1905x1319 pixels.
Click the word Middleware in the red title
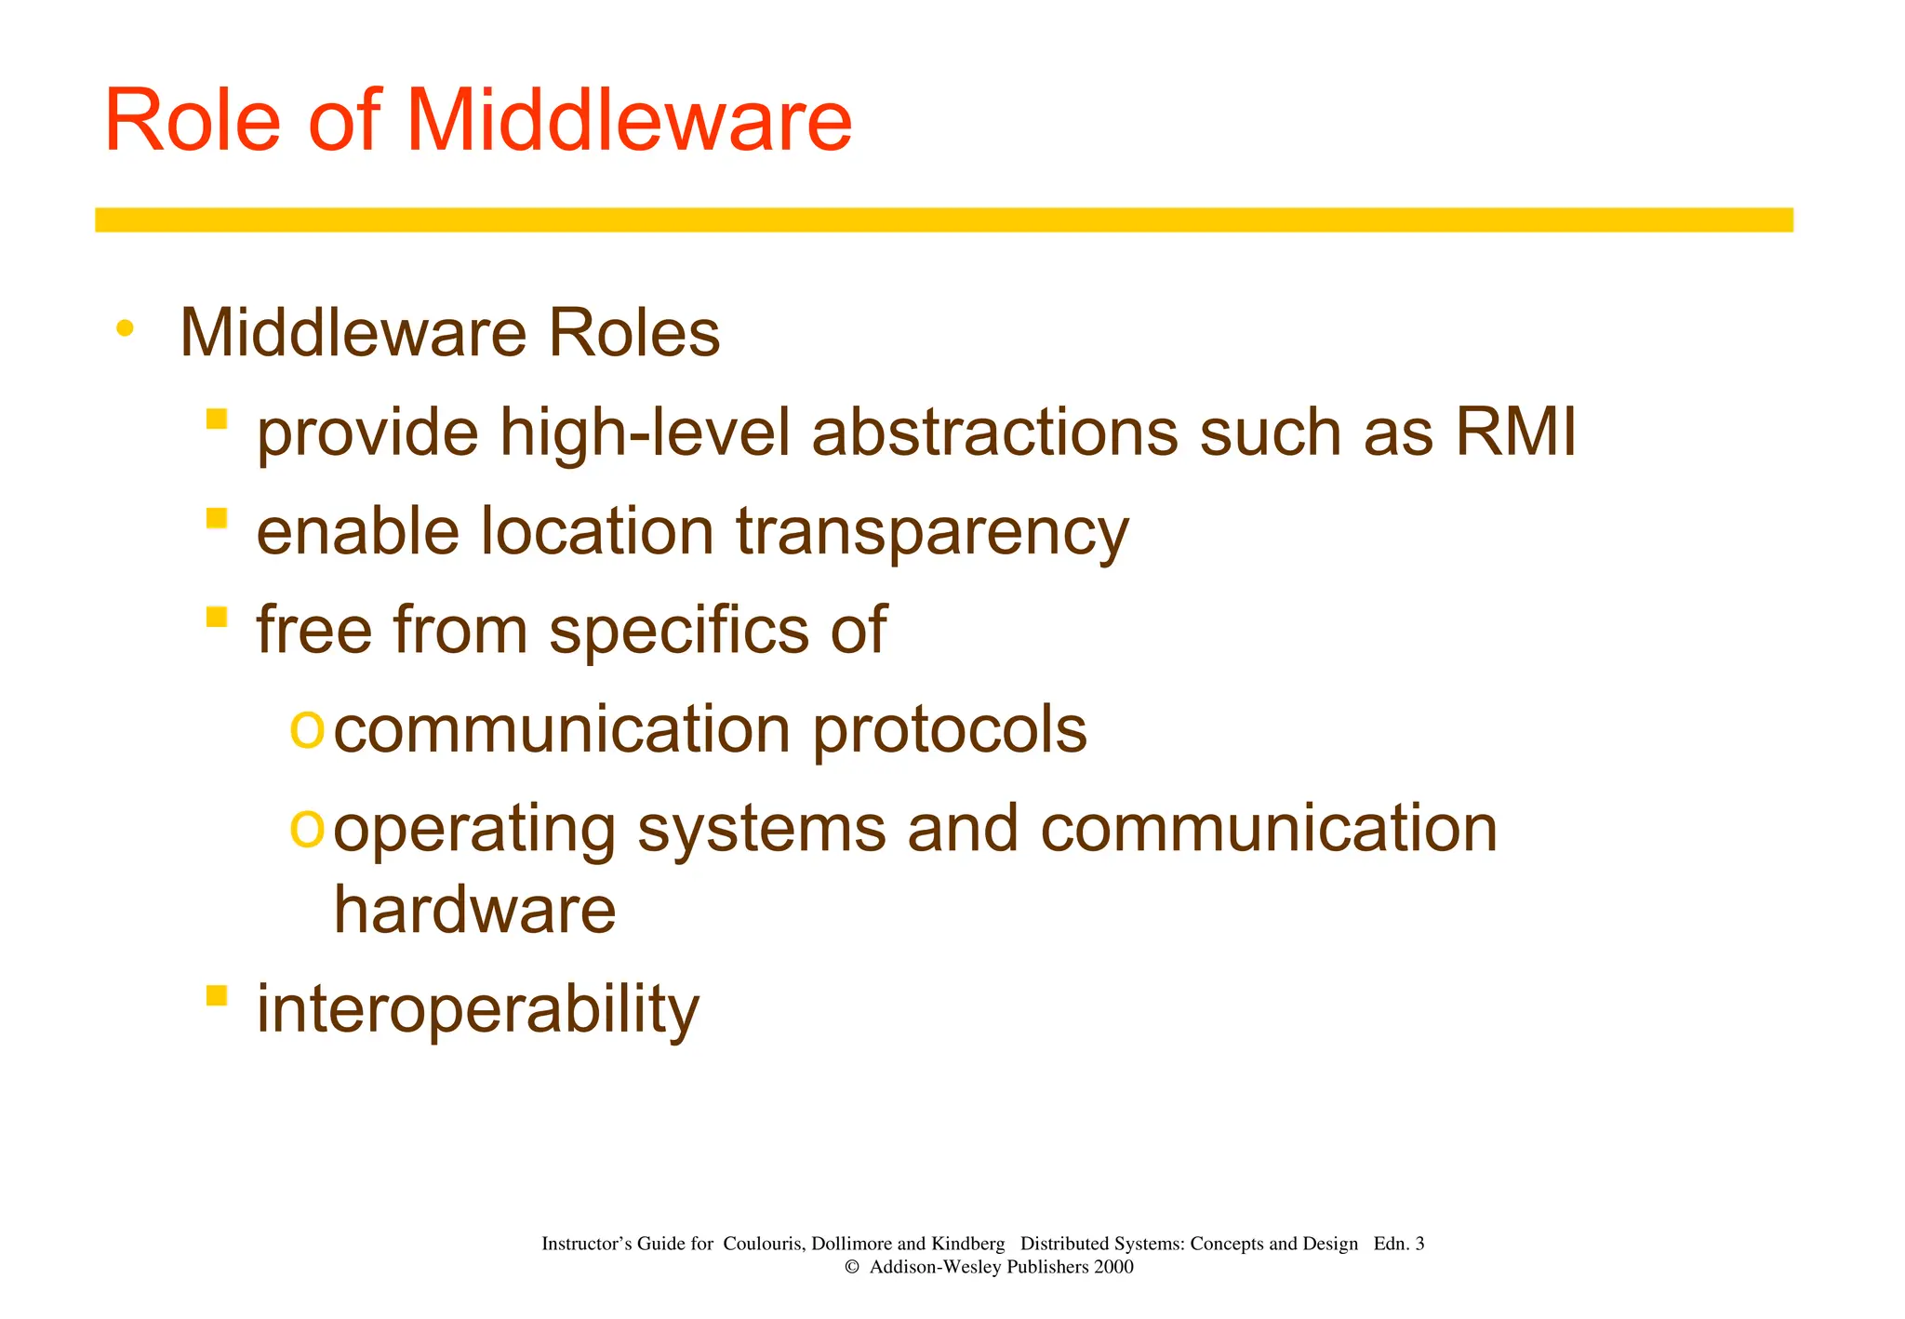click(629, 121)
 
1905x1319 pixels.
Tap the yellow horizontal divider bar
click(943, 220)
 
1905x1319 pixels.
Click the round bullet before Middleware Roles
click(125, 328)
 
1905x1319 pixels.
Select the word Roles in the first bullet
click(633, 333)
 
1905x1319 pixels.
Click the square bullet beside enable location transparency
click(217, 517)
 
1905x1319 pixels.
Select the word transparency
click(932, 532)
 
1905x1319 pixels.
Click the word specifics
click(680, 631)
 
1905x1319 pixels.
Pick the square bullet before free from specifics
click(217, 616)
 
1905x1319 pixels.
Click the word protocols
click(950, 730)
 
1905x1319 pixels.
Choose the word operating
click(474, 830)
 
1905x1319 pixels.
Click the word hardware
click(474, 909)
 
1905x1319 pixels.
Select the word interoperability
click(477, 1009)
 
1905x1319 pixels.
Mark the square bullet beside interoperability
click(217, 995)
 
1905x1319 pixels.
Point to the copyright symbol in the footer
click(851, 1267)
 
